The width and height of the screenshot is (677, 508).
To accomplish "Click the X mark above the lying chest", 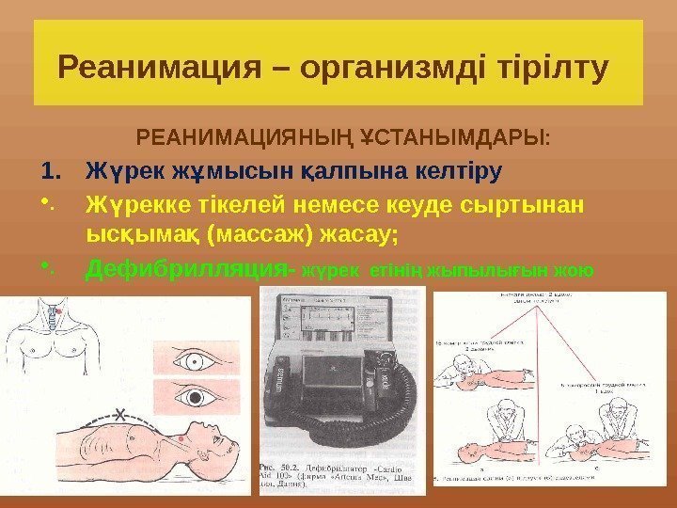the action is tap(118, 413).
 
